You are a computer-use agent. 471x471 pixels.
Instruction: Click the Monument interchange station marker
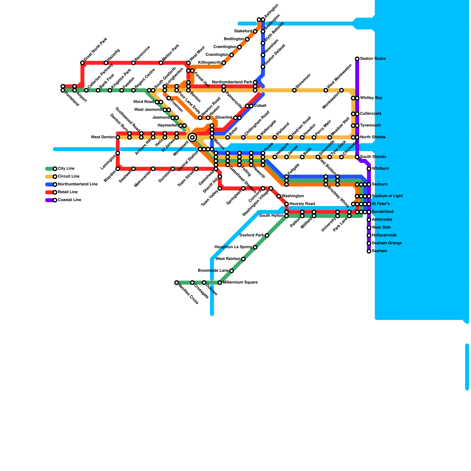(192, 137)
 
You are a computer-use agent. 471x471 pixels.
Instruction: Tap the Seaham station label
(379, 251)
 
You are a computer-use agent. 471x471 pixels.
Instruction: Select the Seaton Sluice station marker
(357, 59)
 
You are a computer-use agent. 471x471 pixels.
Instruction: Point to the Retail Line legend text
(68, 192)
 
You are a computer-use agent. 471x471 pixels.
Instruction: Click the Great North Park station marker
(82, 63)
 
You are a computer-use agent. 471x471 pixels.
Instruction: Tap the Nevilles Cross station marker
(176, 283)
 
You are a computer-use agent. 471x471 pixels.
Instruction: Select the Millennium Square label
(240, 283)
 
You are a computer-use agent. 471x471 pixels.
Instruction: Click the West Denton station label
(103, 137)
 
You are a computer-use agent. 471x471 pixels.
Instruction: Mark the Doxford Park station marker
(267, 235)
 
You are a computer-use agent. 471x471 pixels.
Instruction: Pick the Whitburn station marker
(369, 169)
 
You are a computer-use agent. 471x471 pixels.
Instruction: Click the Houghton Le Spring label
(233, 247)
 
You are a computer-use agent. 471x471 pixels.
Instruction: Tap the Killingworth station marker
(224, 63)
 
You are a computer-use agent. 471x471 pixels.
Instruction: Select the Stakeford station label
(243, 31)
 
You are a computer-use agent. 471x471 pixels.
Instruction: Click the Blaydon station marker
(118, 169)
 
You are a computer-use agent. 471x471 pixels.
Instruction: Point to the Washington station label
(293, 196)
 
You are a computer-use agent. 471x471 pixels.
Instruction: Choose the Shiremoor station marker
(294, 90)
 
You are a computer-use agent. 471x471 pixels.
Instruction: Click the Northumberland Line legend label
(77, 184)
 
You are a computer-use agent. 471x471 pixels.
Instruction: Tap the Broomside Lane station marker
(232, 271)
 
